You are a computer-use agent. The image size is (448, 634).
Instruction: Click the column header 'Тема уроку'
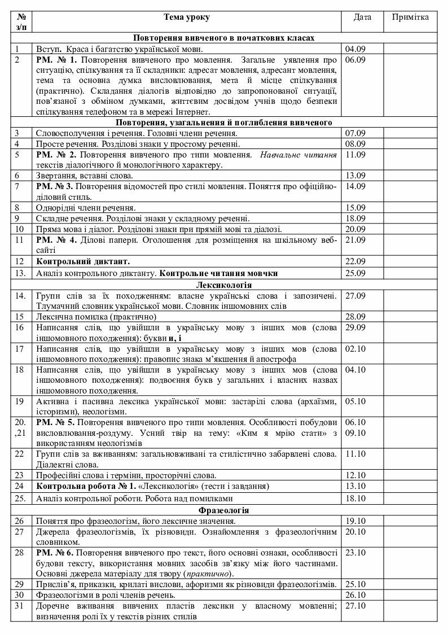[186, 17]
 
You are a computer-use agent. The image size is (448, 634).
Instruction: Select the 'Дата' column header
[362, 17]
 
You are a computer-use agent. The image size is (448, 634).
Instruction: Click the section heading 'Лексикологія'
[223, 285]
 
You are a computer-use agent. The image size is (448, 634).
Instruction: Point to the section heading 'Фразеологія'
[223, 510]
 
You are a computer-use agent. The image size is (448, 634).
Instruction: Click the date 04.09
[355, 49]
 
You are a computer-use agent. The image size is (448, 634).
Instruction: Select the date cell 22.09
[355, 261]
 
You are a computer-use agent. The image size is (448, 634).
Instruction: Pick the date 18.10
[355, 499]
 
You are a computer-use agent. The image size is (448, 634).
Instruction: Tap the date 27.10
[355, 606]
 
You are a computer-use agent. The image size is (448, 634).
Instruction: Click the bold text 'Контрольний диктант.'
[83, 261]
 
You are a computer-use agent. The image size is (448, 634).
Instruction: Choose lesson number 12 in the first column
[21, 261]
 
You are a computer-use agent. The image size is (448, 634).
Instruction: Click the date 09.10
[355, 433]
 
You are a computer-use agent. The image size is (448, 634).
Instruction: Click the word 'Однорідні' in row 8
[54, 207]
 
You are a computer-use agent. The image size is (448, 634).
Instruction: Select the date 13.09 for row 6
[355, 175]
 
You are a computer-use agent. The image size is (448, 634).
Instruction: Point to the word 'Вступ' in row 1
[47, 49]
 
